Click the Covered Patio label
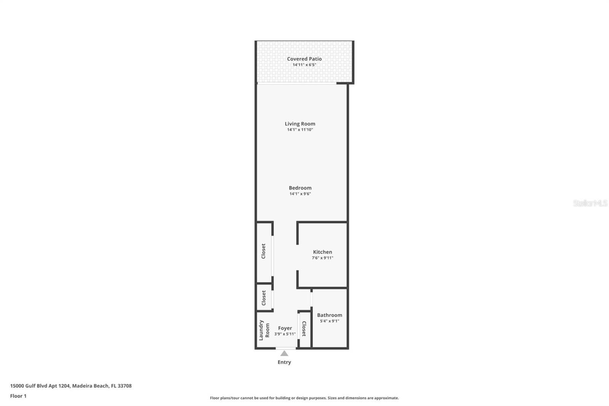[304, 59]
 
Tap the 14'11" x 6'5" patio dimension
[304, 65]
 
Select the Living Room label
[300, 123]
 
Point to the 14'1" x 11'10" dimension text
[300, 129]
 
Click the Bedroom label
[300, 188]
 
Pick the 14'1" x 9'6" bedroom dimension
[300, 194]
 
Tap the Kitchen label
[322, 252]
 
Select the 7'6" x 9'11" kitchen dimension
[322, 258]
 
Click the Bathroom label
[329, 315]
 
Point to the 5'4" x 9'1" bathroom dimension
[329, 321]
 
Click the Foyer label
[285, 328]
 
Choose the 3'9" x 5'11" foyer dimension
[285, 334]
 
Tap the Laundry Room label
[264, 330]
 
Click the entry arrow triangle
[284, 353]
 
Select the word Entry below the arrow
[284, 362]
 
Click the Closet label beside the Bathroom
[304, 329]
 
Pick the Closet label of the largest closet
[263, 251]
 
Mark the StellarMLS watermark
[590, 203]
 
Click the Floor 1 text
[18, 396]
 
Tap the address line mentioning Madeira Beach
[71, 386]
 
